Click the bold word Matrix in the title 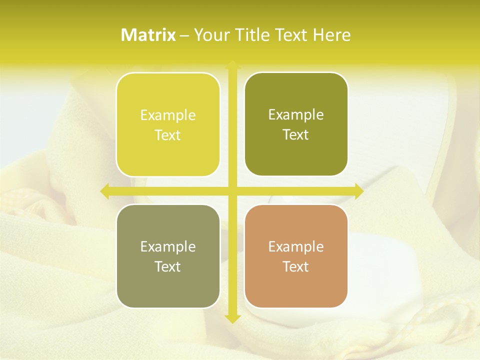[x=148, y=35]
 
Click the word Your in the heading [x=211, y=35]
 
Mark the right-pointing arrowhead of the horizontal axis [x=358, y=191]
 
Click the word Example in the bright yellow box [x=168, y=115]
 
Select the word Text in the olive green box [x=296, y=135]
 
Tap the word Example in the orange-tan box [x=296, y=246]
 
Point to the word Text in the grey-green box [x=168, y=266]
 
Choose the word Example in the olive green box [x=296, y=115]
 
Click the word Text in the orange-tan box [x=296, y=266]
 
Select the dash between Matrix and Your [x=184, y=35]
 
